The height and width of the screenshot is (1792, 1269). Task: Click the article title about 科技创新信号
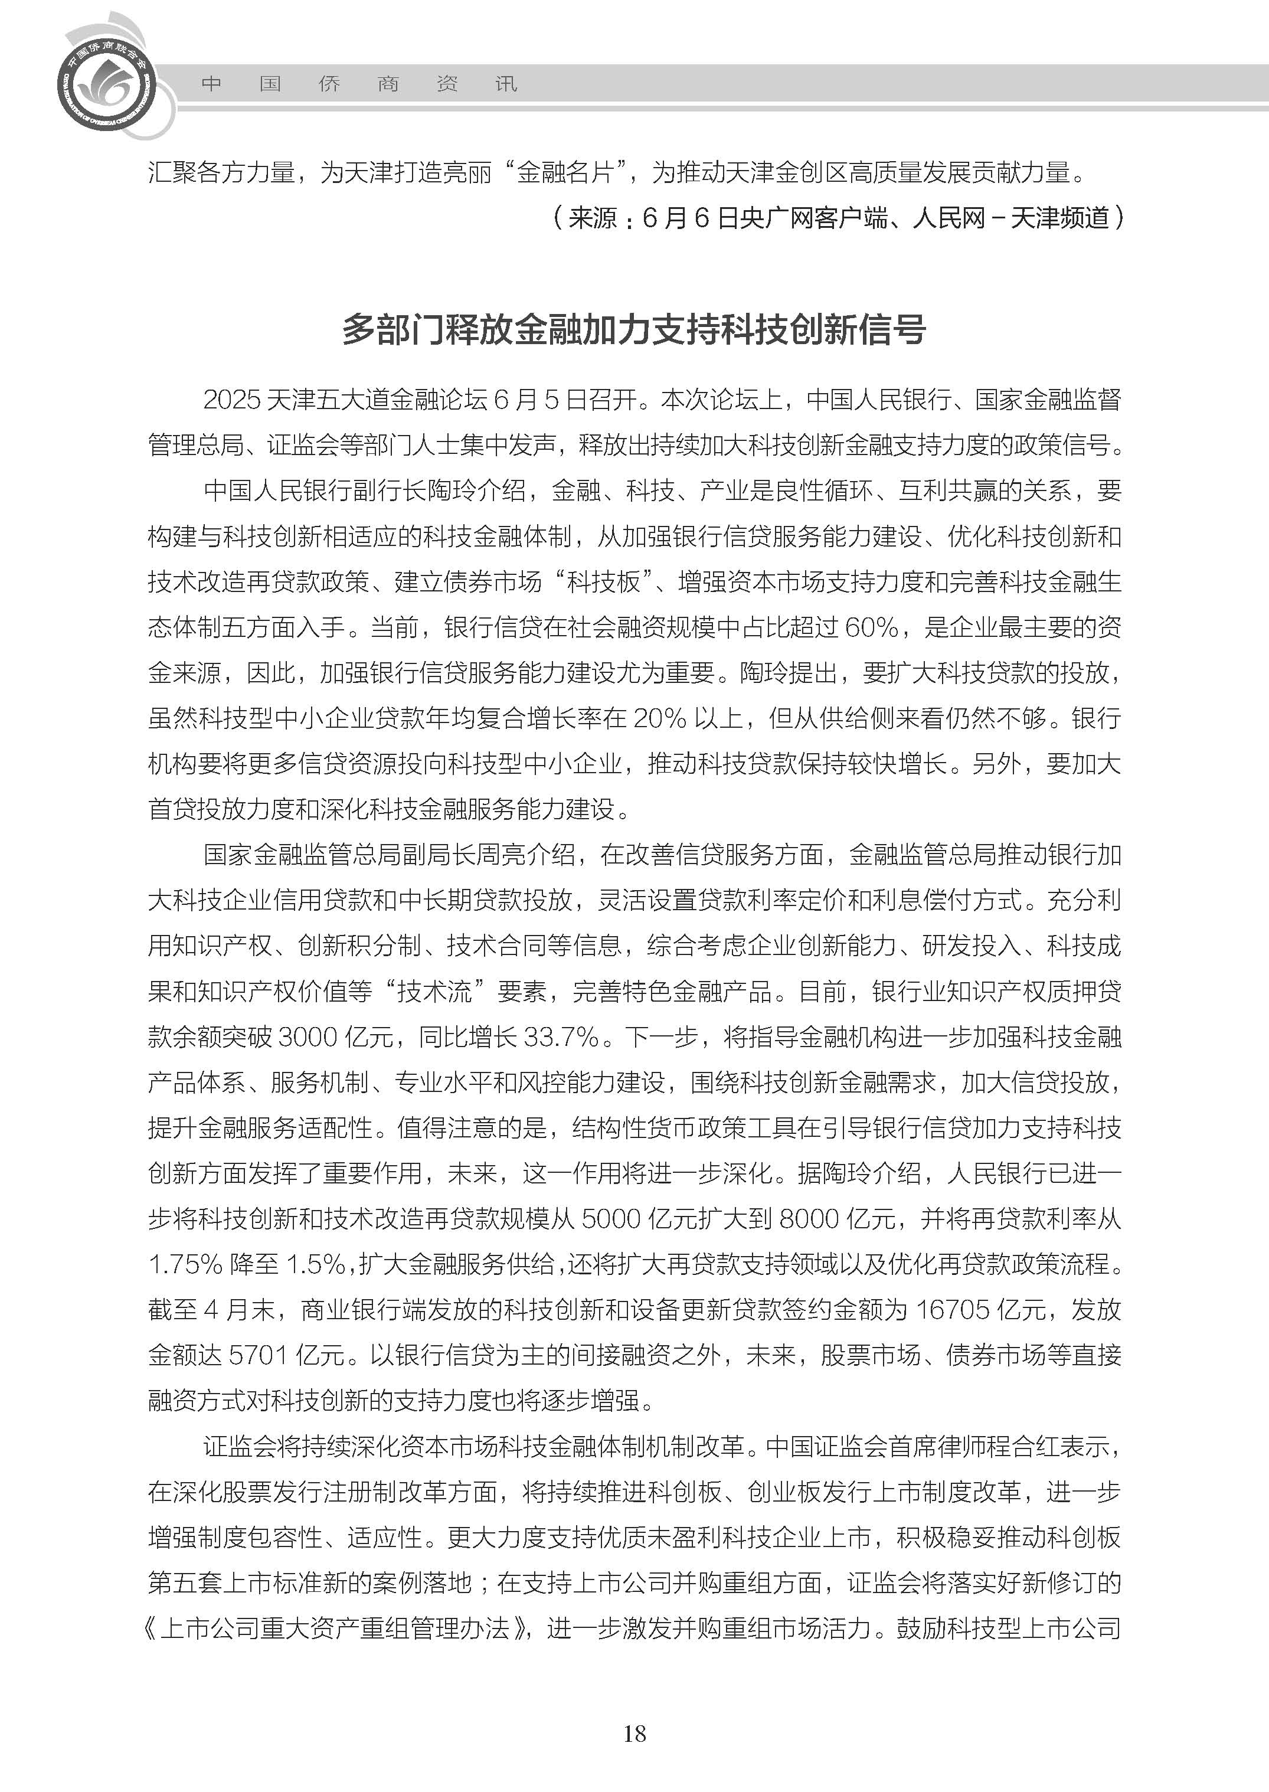point(634,330)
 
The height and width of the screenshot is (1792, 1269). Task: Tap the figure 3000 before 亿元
point(308,1037)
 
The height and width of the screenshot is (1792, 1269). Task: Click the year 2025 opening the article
point(231,400)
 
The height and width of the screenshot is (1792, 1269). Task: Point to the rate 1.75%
point(185,1264)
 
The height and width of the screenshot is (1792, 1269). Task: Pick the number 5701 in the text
point(257,1355)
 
